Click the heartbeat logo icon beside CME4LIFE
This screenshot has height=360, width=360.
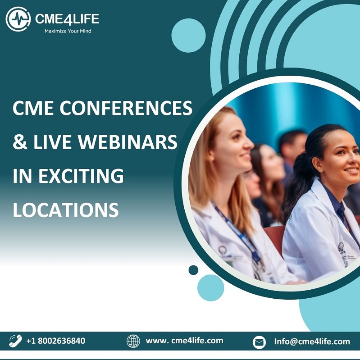pyautogui.click(x=18, y=19)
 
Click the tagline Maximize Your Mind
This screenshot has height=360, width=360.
pyautogui.click(x=68, y=31)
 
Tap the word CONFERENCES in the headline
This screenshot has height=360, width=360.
pyautogui.click(x=126, y=108)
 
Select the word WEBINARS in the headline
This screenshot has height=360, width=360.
pyautogui.click(x=128, y=141)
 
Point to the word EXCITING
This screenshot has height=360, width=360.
pyautogui.click(x=81, y=176)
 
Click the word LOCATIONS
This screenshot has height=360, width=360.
pyautogui.click(x=66, y=210)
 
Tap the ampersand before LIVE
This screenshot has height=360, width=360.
pyautogui.click(x=20, y=142)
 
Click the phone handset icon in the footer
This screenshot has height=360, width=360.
pyautogui.click(x=15, y=341)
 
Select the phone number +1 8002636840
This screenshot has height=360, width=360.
pyautogui.click(x=56, y=341)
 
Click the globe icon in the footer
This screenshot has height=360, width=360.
pyautogui.click(x=133, y=341)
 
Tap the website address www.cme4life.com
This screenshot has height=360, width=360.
pyautogui.click(x=184, y=341)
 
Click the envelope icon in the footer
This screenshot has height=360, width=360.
pyautogui.click(x=259, y=342)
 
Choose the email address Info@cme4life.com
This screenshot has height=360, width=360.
pyautogui.click(x=312, y=342)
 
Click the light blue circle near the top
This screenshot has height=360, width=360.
pyautogui.click(x=188, y=36)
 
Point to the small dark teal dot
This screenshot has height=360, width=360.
pyautogui.click(x=193, y=270)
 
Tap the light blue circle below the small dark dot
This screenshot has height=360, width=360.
pyautogui.click(x=210, y=287)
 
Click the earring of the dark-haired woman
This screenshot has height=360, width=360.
pyautogui.click(x=320, y=170)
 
